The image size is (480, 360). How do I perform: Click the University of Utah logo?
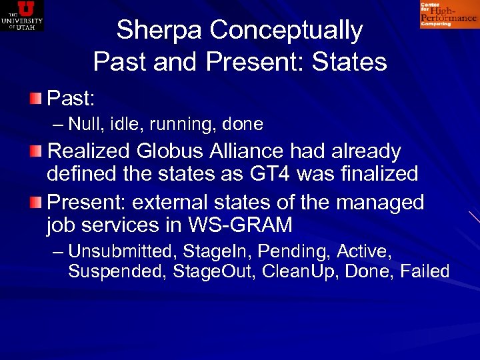22,15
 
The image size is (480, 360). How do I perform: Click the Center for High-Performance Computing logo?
448,15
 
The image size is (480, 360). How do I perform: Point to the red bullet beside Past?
35,99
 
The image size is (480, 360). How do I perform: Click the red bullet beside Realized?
35,151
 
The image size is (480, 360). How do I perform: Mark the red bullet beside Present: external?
35,201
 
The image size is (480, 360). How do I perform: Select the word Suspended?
117,271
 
